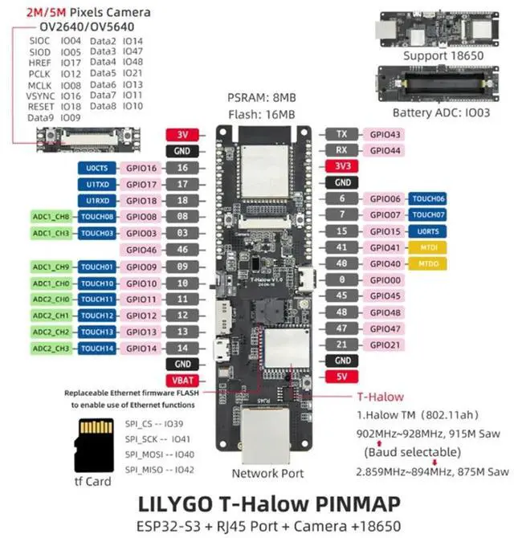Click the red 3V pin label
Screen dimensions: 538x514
(182, 135)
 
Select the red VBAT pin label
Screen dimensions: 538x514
(182, 380)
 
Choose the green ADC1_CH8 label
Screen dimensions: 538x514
(51, 217)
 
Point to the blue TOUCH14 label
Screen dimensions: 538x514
(97, 348)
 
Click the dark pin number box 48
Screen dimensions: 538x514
(342, 312)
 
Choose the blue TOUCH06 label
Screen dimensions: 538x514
(428, 198)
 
